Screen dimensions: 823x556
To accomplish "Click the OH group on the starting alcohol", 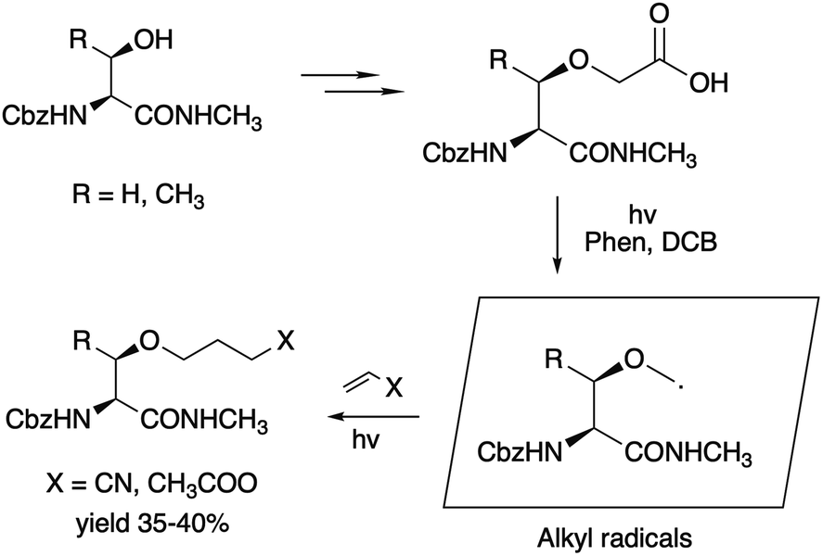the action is click(x=153, y=40).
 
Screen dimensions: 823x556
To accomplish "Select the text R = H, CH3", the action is click(x=138, y=197).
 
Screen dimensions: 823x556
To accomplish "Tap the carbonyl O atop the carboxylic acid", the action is click(x=660, y=13).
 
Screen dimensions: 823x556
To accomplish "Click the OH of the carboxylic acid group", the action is click(x=709, y=82).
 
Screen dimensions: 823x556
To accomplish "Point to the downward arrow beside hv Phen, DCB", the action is click(x=558, y=234).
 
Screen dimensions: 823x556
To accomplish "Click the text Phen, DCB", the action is click(x=650, y=242).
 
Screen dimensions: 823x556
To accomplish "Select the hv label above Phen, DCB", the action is click(x=642, y=214).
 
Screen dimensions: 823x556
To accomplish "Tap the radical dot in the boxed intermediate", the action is click(x=681, y=387).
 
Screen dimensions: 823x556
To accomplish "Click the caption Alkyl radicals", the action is click(x=614, y=537).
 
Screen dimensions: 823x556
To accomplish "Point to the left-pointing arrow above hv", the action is click(x=373, y=417).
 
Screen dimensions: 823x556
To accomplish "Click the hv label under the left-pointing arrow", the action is click(x=366, y=439).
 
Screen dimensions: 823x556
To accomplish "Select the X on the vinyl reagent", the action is click(x=393, y=389).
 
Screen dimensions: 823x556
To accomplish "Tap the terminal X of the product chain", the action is click(x=286, y=342).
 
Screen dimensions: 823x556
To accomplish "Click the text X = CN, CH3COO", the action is click(x=151, y=484).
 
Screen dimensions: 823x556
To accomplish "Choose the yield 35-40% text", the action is click(x=153, y=524).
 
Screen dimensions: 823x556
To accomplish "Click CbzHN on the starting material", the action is click(x=45, y=115).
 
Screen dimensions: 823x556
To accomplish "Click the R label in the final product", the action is click(x=83, y=342).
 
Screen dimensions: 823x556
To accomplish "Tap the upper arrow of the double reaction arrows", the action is click(x=341, y=75).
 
